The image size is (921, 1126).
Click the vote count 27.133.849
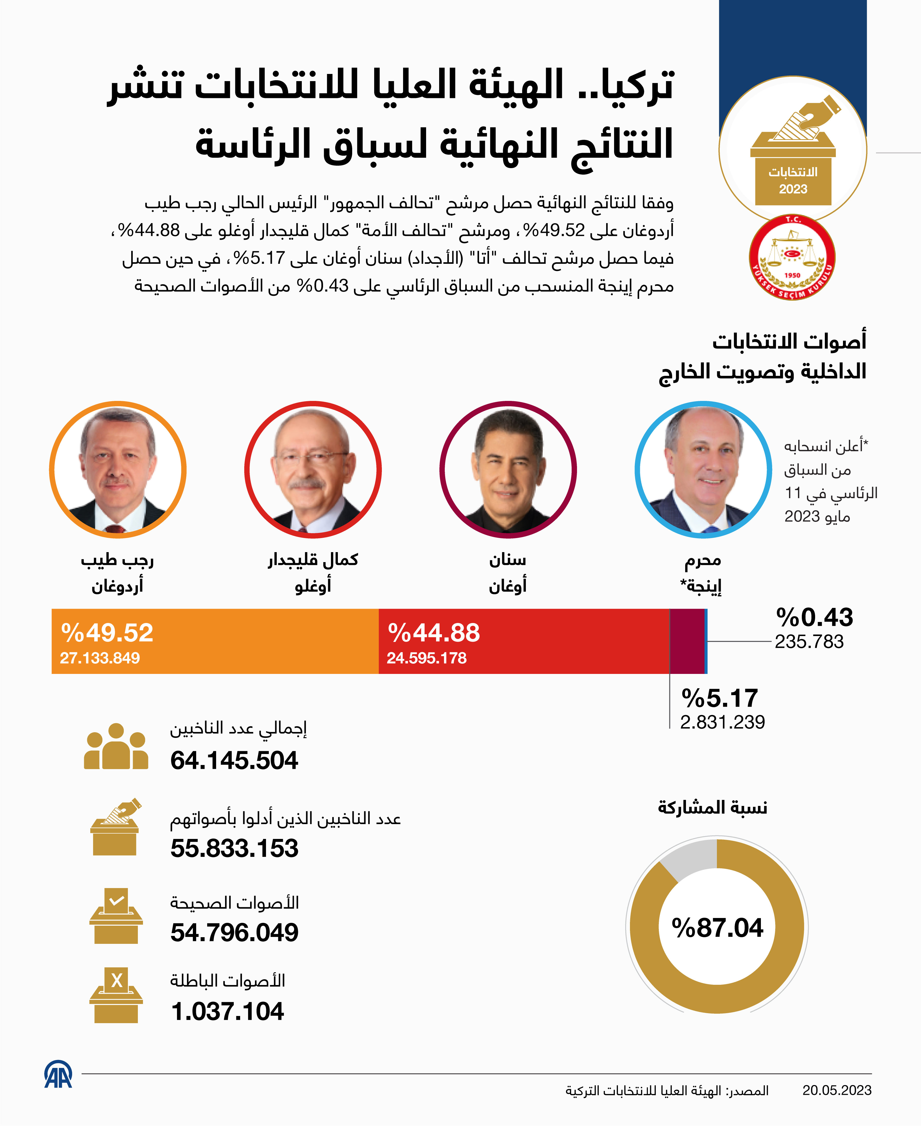pyautogui.click(x=100, y=658)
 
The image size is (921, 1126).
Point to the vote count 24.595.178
pyautogui.click(x=427, y=658)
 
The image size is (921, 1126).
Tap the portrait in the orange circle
pyautogui.click(x=118, y=469)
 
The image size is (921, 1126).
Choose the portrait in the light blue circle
pyautogui.click(x=703, y=469)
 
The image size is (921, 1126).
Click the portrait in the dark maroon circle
pyautogui.click(x=508, y=469)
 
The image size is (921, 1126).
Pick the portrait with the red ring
pyautogui.click(x=313, y=469)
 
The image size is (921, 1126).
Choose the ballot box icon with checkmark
pyautogui.click(x=116, y=916)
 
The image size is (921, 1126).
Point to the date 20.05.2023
pyautogui.click(x=837, y=1090)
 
